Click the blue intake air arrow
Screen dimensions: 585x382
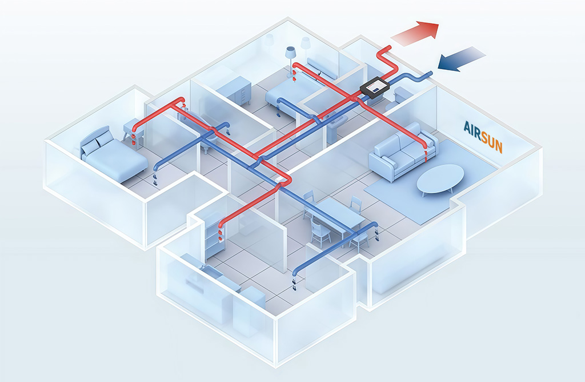(x=461, y=59)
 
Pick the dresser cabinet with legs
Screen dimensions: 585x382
(x=234, y=91)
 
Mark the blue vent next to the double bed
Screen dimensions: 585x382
(x=155, y=178)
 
